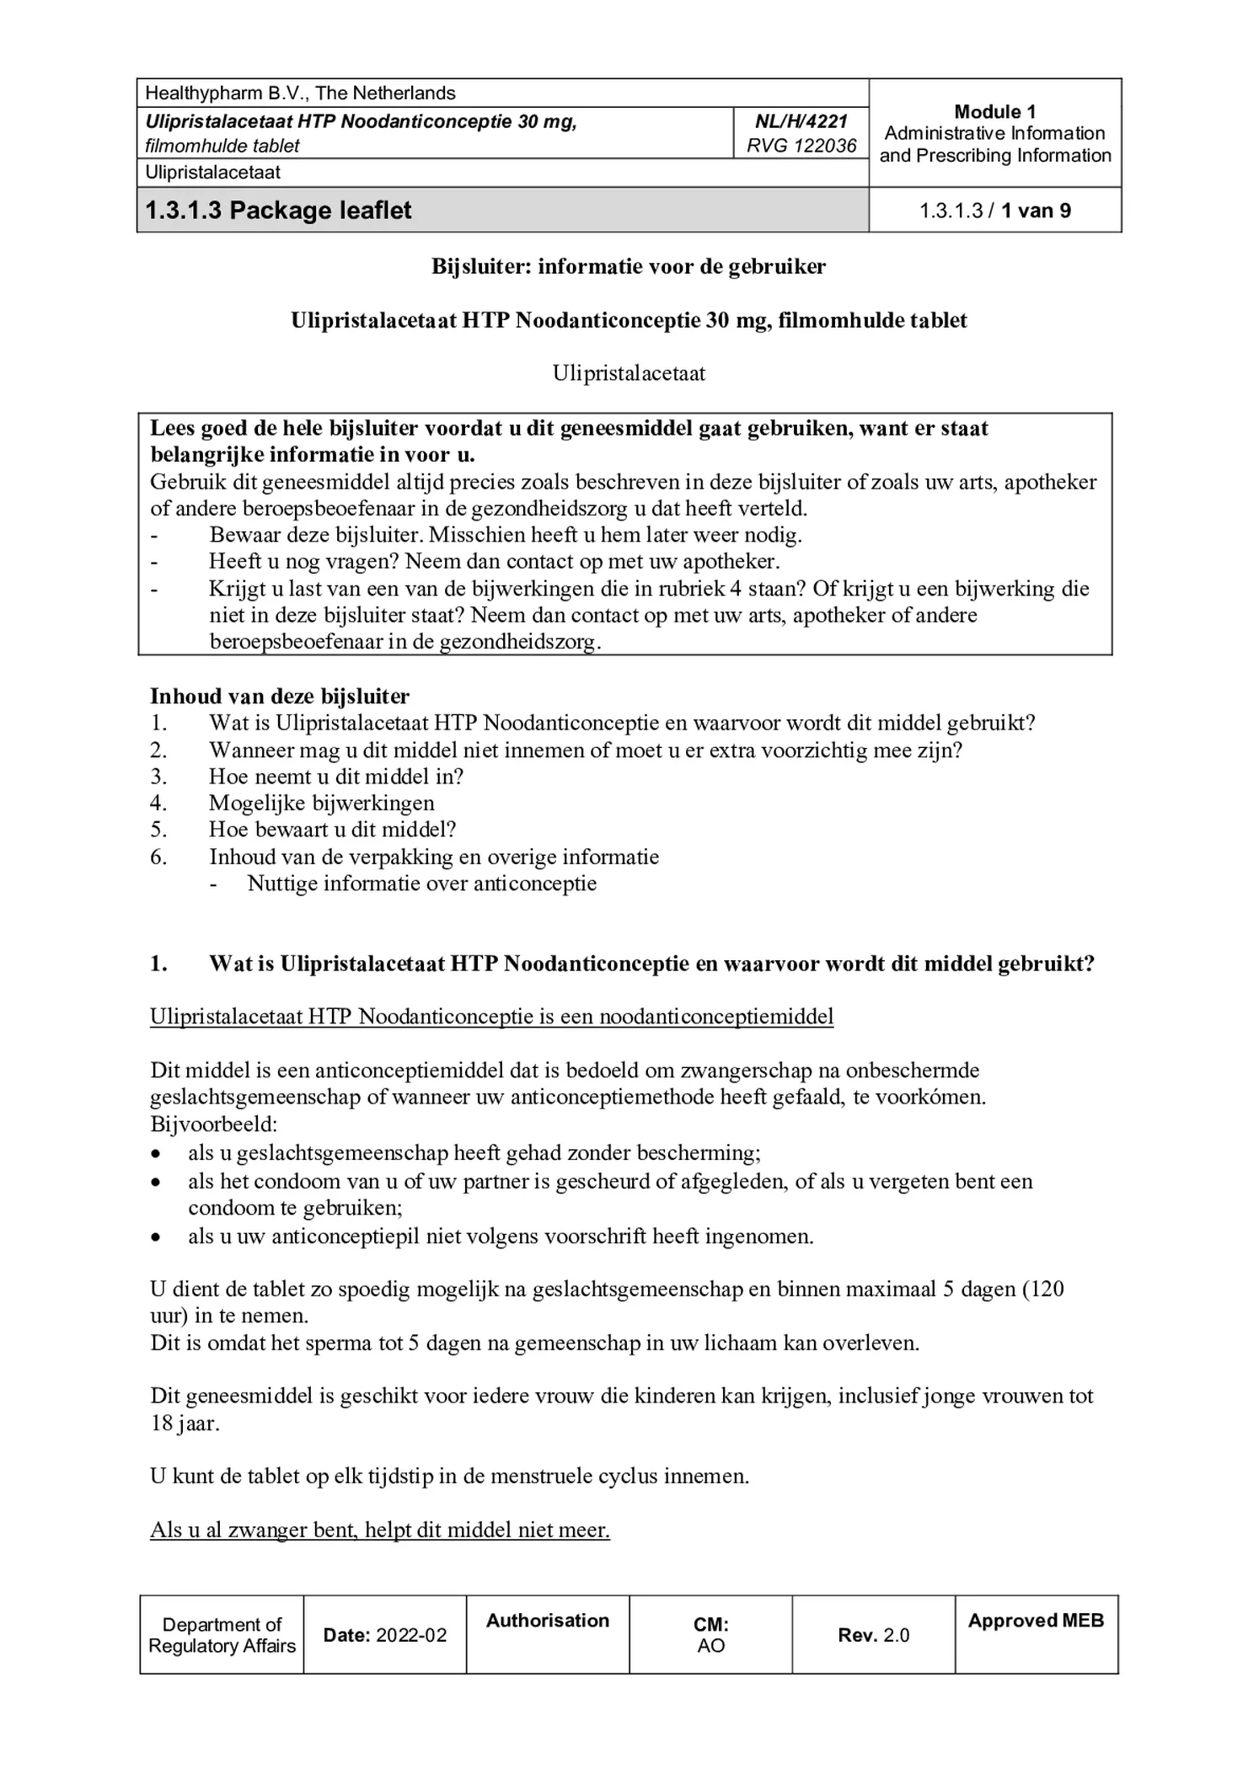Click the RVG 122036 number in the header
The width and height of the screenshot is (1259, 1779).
[x=801, y=146]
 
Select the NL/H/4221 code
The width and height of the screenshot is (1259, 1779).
[x=801, y=121]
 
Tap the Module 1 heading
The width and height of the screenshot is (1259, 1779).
[x=994, y=112]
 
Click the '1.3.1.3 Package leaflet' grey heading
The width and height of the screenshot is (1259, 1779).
[x=279, y=210]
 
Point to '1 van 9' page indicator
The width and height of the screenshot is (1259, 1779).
[x=1035, y=211]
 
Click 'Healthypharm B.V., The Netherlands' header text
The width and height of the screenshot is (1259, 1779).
[x=300, y=93]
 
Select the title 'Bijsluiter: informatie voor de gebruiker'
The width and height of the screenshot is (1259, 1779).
[x=629, y=267]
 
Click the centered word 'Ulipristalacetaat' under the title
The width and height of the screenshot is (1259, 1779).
[x=629, y=373]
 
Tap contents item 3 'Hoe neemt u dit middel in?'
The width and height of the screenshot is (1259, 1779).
[x=336, y=777]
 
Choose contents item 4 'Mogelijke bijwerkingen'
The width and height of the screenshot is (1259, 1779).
[x=322, y=804]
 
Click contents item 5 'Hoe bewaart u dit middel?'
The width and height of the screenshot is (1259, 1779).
[x=332, y=830]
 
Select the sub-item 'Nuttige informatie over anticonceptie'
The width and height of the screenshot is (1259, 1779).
[x=421, y=884]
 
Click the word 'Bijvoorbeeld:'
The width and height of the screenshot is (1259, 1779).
[x=214, y=1125]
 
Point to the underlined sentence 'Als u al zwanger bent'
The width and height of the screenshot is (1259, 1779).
[x=380, y=1530]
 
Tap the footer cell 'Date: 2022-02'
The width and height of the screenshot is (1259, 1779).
[x=385, y=1635]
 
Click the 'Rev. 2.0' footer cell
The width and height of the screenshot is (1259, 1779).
[x=873, y=1635]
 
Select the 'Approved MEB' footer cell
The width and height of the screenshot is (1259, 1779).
[x=1036, y=1621]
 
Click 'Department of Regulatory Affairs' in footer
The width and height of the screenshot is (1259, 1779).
[x=222, y=1635]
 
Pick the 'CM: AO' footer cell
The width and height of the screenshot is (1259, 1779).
[x=710, y=1635]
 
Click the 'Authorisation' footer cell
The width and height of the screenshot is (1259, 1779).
[x=548, y=1621]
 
